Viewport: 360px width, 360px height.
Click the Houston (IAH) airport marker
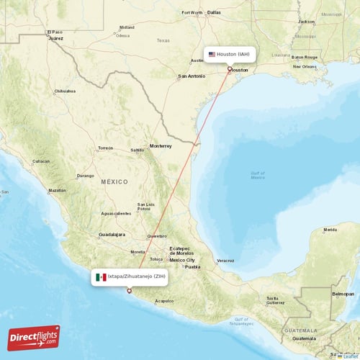[x=230, y=69]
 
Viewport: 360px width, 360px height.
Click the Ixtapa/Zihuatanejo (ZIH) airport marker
[x=130, y=291]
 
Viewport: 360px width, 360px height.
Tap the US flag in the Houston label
[x=212, y=54]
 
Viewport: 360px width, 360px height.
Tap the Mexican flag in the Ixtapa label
[x=102, y=276]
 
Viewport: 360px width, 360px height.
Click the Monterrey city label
[x=161, y=146]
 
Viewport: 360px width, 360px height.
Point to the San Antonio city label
[x=192, y=76]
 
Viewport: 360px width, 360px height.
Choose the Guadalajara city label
[x=112, y=235]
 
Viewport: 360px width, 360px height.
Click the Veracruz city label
[x=225, y=260]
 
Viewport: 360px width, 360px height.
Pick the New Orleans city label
[x=304, y=66]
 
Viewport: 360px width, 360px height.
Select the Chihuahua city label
[x=64, y=91]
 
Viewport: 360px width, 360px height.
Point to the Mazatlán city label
[x=56, y=191]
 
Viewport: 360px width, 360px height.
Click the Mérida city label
[x=330, y=230]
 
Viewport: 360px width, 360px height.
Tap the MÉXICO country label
[x=114, y=182]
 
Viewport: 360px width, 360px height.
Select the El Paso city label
[x=55, y=32]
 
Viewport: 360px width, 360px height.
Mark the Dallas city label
[x=214, y=12]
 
